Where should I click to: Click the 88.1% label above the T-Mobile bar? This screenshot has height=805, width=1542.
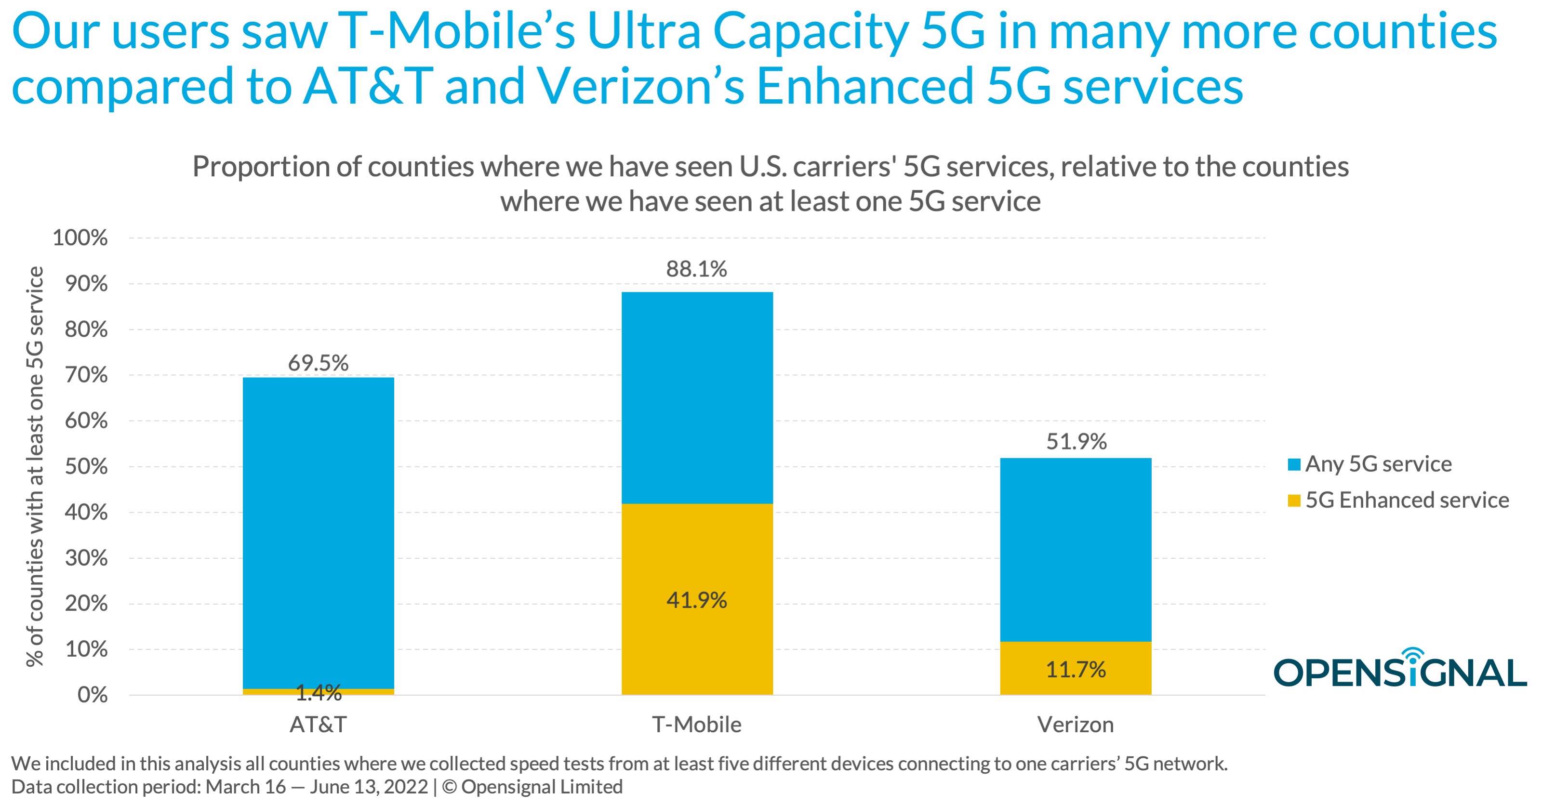coord(697,269)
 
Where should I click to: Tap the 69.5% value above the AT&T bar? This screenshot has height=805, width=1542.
coord(318,363)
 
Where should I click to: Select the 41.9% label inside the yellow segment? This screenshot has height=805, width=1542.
coord(697,600)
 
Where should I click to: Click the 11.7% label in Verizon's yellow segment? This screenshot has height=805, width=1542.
coord(1076,669)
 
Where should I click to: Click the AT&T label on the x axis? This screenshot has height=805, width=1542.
coord(318,725)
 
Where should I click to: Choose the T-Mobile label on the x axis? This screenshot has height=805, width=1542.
coord(697,725)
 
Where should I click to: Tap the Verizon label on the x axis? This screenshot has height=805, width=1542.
coord(1076,725)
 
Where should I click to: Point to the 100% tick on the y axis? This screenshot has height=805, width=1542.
coord(80,238)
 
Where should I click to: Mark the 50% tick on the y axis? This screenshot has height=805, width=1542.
coord(86,467)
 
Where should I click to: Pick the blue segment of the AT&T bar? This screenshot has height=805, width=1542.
coord(318,533)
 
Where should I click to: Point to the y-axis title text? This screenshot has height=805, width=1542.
coord(35,467)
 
